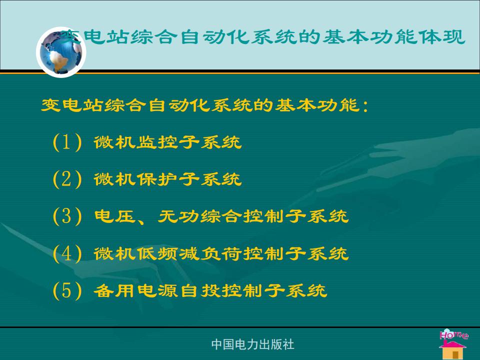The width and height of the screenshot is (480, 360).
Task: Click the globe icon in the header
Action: click(x=61, y=52)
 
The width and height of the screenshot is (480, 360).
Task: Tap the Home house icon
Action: click(x=453, y=344)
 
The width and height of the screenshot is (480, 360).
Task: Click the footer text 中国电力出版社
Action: click(x=252, y=344)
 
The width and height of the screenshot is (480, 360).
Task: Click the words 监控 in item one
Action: click(x=156, y=142)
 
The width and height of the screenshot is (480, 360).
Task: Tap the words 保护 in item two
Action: click(x=156, y=179)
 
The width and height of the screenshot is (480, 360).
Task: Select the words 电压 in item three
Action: click(x=115, y=216)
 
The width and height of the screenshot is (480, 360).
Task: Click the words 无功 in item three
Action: click(x=178, y=216)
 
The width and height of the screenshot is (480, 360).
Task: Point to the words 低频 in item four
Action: click(x=156, y=253)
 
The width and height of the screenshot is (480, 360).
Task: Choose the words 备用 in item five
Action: click(x=115, y=290)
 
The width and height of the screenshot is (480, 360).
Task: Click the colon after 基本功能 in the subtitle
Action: click(x=365, y=105)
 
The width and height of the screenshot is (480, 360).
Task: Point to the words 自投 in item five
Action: click(x=199, y=290)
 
